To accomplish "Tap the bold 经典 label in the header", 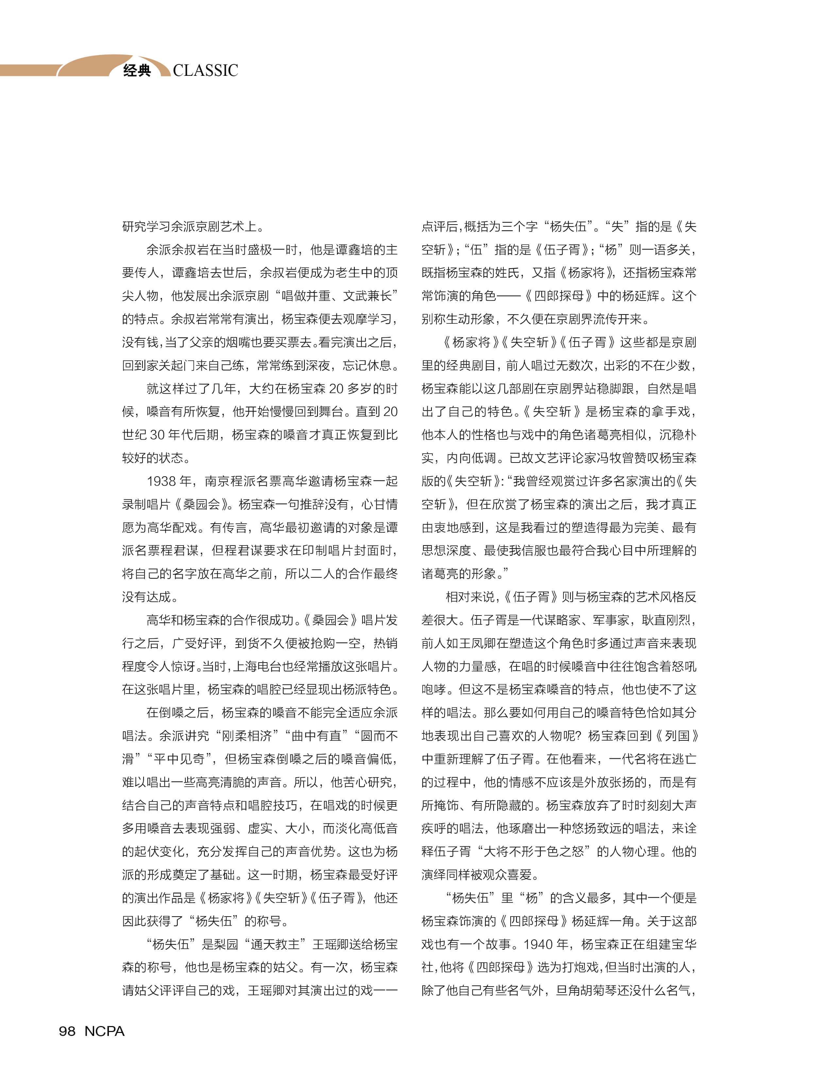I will [137, 71].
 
